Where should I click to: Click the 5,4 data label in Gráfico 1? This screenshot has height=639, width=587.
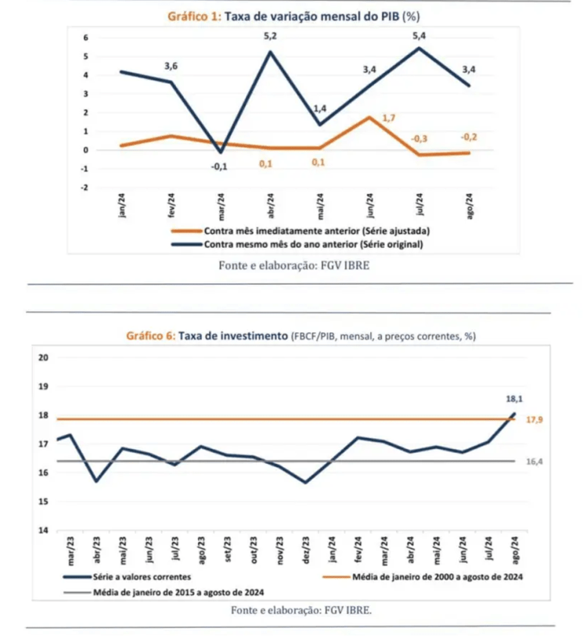[x=420, y=34]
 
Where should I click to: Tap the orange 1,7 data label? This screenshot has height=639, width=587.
[x=389, y=118]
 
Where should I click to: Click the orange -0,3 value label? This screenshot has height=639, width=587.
[x=420, y=138]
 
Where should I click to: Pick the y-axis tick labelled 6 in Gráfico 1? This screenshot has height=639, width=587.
[x=87, y=38]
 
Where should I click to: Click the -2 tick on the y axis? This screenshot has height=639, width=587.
[x=85, y=188]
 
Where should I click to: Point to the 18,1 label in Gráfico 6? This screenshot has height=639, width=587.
[x=514, y=399]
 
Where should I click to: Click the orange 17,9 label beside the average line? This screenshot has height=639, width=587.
[x=535, y=420]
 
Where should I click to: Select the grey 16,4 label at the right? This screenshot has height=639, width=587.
[x=535, y=461]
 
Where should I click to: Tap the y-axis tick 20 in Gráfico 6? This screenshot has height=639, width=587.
[x=43, y=357]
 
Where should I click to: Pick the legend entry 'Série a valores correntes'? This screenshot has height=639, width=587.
[x=139, y=577]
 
